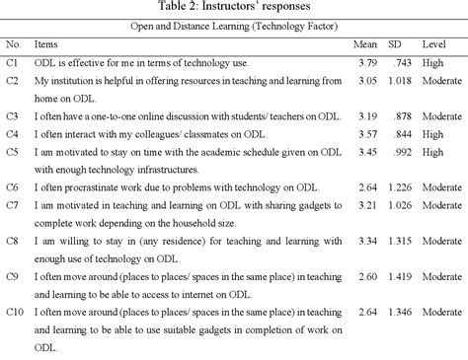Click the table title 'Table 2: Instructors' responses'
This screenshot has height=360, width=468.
233,9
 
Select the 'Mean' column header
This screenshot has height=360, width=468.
364,45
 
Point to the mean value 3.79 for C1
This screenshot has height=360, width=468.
364,63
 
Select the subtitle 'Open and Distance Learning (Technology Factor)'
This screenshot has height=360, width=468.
233,28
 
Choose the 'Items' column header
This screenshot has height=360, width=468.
46,45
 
